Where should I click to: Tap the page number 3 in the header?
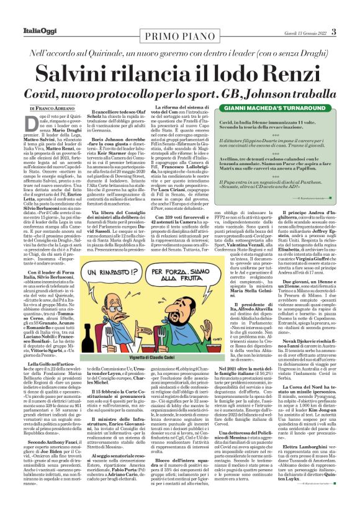click(334, 32)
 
